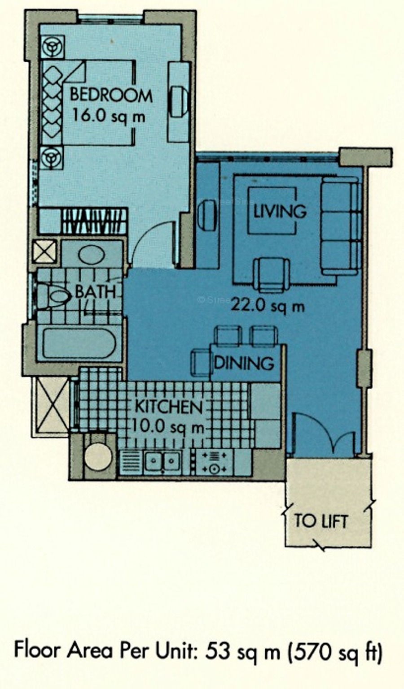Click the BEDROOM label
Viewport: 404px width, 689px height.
(x=111, y=95)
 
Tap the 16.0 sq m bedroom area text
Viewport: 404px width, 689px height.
(x=109, y=117)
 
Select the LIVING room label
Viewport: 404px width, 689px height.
(x=280, y=211)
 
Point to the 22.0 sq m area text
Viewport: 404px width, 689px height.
(x=268, y=306)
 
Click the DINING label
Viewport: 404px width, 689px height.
(x=244, y=363)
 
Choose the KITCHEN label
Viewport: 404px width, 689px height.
(x=169, y=407)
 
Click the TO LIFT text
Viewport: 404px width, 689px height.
(x=321, y=521)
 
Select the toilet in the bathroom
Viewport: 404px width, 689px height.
(x=53, y=297)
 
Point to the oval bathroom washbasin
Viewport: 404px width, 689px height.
(x=92, y=255)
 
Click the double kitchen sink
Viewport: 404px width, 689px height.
(x=162, y=461)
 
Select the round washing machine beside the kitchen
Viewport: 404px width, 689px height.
(x=98, y=457)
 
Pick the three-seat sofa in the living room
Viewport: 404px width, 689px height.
(x=340, y=226)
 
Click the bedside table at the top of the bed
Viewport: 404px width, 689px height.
(x=53, y=47)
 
